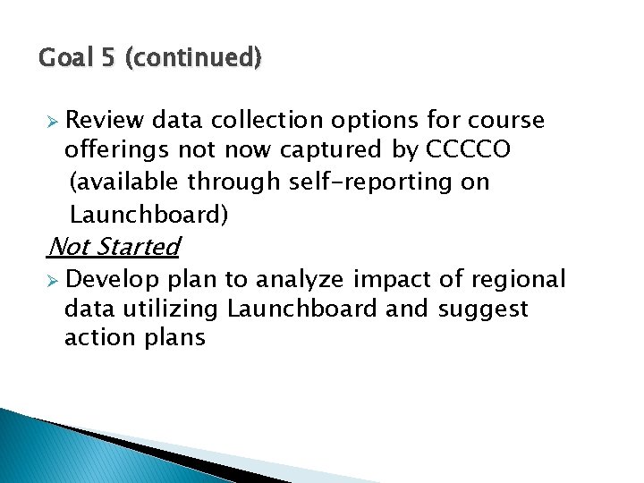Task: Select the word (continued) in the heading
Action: click(x=193, y=59)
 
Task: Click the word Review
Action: click(x=105, y=121)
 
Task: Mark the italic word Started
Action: click(x=137, y=246)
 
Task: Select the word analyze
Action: click(x=300, y=280)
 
